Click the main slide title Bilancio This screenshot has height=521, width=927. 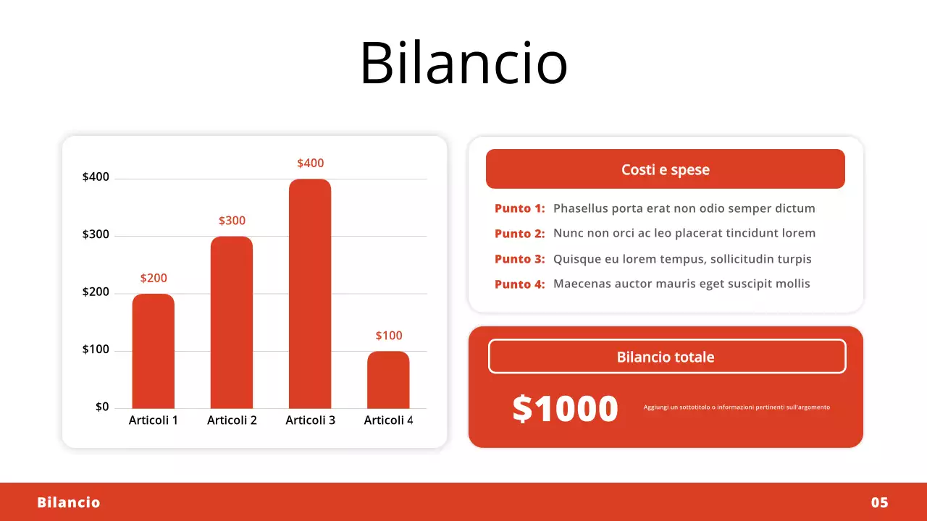(463, 62)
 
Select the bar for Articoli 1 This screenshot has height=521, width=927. (153, 351)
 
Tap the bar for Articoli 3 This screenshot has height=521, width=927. (310, 293)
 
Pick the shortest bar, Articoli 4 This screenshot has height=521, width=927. (388, 380)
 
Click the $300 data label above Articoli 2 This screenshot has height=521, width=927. (232, 221)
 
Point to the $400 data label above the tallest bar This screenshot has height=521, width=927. (310, 164)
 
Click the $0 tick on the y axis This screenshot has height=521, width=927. (102, 407)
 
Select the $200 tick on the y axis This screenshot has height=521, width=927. (96, 292)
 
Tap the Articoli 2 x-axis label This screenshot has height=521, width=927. (232, 420)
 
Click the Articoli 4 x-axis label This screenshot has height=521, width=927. (388, 420)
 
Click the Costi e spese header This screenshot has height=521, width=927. (665, 169)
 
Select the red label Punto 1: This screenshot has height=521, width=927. (519, 208)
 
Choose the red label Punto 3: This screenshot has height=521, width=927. (519, 259)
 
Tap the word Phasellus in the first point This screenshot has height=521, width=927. (581, 208)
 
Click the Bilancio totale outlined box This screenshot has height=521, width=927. (666, 357)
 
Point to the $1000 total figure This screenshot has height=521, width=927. (565, 409)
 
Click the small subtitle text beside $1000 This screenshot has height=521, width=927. (737, 407)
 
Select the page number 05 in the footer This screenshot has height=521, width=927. (879, 502)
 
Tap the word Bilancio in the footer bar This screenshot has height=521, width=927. (69, 502)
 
